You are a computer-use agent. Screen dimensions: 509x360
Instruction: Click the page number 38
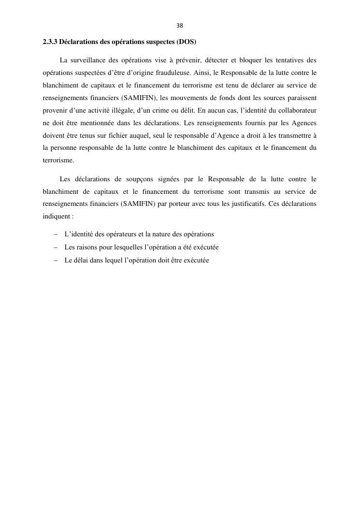click(x=180, y=26)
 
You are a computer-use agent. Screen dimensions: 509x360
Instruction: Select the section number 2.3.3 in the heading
click(x=50, y=42)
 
